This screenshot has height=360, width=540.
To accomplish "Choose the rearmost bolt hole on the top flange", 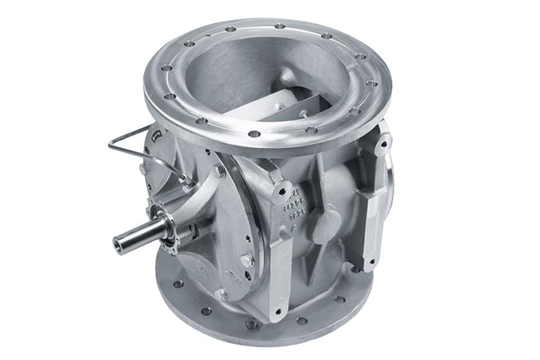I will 280,26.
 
